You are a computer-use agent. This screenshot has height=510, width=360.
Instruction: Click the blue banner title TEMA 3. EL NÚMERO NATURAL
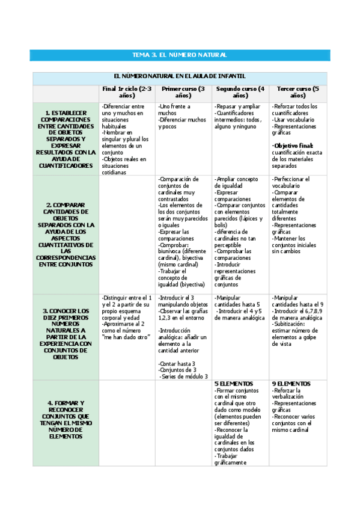coord(179,55)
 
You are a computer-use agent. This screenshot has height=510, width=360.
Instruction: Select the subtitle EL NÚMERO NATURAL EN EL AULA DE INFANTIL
coord(179,76)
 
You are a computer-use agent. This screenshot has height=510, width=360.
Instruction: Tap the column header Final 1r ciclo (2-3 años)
coord(127,92)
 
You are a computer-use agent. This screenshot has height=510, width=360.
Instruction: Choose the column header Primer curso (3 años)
coord(183,92)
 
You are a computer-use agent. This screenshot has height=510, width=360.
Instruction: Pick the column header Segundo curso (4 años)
coord(239,92)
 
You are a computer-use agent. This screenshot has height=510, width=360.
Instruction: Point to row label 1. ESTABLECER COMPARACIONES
coord(66,139)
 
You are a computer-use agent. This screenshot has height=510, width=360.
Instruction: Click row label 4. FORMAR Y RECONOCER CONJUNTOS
coord(66,419)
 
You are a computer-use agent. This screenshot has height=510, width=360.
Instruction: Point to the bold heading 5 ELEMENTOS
coord(233,384)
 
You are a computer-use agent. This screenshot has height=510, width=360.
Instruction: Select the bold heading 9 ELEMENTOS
coord(291,384)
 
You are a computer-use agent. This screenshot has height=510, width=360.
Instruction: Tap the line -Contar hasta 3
coord(174,364)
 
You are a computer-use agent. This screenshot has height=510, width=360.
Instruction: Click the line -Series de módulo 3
coord(180,377)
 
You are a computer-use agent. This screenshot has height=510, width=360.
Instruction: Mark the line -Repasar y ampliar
coord(237,106)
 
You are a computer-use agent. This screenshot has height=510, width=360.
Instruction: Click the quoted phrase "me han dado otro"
coord(127,337)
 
